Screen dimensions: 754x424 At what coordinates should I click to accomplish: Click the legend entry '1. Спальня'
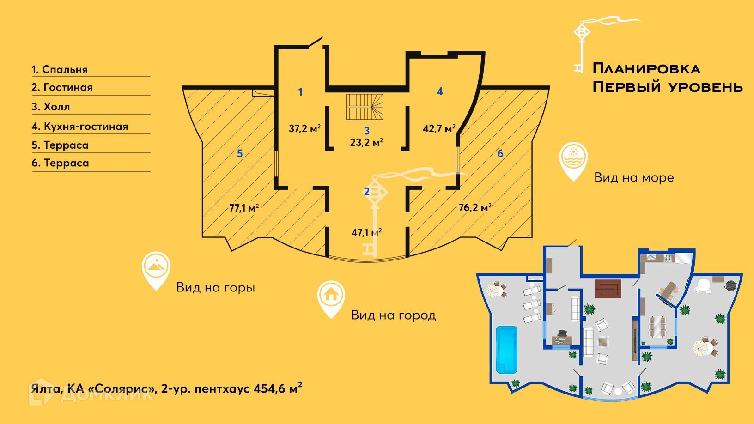(x=60, y=69)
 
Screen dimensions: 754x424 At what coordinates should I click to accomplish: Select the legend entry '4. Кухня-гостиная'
(x=80, y=127)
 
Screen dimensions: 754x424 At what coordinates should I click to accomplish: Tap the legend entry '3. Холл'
(x=51, y=107)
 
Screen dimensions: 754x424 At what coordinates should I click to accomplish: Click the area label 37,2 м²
(x=304, y=128)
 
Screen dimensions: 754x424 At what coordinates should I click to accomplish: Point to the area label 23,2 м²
(x=366, y=142)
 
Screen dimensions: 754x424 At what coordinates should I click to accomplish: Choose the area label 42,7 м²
(x=439, y=128)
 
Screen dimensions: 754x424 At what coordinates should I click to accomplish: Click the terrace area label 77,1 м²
(x=244, y=208)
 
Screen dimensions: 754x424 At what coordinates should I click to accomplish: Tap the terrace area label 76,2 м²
(x=475, y=207)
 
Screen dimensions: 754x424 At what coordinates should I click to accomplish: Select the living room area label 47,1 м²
(x=366, y=232)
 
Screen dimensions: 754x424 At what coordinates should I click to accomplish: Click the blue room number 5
(x=240, y=153)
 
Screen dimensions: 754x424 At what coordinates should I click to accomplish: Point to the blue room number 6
(x=500, y=153)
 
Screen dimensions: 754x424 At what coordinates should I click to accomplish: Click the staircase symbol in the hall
(x=365, y=107)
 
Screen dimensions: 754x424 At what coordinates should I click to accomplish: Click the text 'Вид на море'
(x=634, y=177)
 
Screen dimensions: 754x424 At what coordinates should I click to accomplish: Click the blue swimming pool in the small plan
(x=506, y=349)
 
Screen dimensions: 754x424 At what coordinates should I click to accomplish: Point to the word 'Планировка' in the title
(x=647, y=69)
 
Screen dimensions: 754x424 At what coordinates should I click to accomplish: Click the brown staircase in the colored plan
(x=608, y=289)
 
